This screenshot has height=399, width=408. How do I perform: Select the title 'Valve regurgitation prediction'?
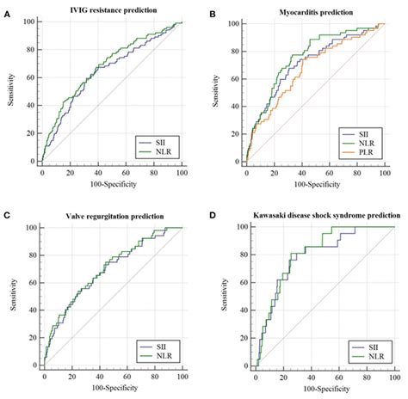(x=113, y=216)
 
